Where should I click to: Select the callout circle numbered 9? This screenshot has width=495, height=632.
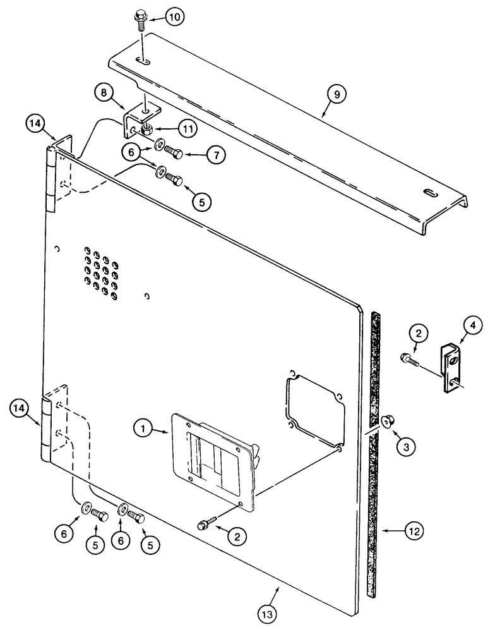click(337, 95)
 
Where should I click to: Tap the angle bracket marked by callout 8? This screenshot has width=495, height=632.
click(134, 122)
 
